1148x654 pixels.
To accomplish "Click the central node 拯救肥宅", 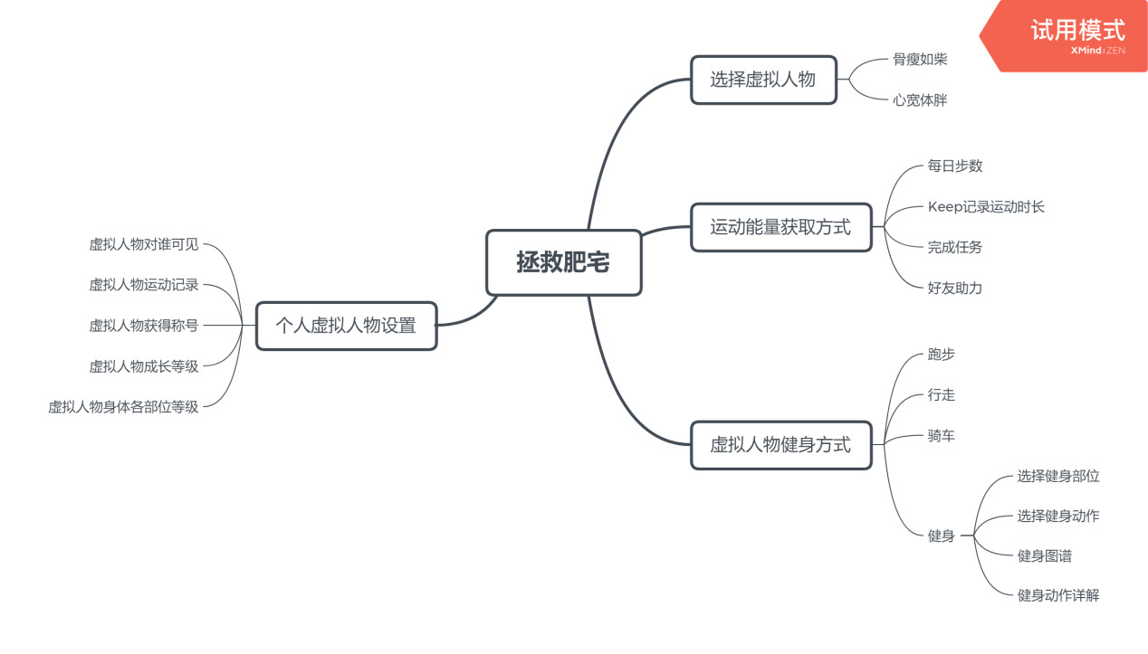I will point(563,263).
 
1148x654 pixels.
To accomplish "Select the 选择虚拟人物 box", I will point(763,80).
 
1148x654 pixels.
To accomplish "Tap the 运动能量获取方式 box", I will point(780,227).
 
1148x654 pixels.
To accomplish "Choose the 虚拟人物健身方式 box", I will point(780,445).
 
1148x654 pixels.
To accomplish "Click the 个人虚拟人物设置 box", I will point(346,326).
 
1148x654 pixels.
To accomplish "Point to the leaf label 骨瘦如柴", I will point(920,60).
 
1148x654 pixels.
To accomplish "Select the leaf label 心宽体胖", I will point(920,100).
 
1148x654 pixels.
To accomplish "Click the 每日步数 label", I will point(955,166).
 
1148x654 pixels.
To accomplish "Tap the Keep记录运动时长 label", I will point(986,207).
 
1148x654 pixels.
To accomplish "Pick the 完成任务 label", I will point(955,247).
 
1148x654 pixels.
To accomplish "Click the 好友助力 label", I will point(955,289).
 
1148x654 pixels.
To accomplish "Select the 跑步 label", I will point(942,355).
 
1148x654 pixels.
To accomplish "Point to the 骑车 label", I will point(942,436).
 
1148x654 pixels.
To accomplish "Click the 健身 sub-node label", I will point(942,536).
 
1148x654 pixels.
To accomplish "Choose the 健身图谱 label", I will point(1045,556).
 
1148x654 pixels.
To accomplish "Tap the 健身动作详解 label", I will point(1058,595).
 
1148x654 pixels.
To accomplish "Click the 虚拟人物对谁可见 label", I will point(143,244).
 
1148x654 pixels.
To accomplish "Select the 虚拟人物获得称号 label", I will point(143,326).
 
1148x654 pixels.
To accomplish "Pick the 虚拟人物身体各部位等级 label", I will point(123,407).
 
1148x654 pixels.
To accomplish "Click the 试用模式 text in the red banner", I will point(1077,30).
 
